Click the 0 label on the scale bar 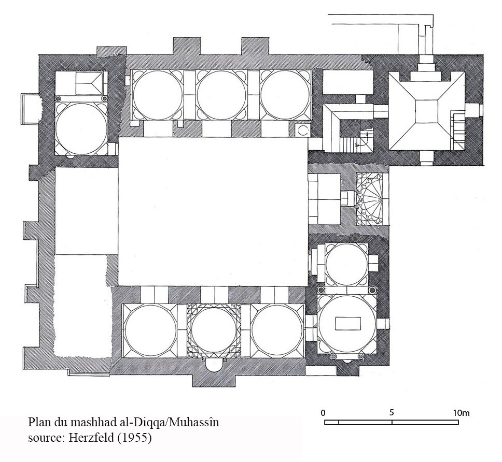[x=323, y=413]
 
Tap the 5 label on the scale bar [x=392, y=412]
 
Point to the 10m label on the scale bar [x=461, y=413]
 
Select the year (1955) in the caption [x=134, y=438]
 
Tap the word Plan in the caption [x=38, y=422]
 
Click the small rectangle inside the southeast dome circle [x=348, y=323]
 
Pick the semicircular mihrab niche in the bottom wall [x=214, y=365]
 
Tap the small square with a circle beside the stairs [x=302, y=130]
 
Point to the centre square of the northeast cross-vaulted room [x=427, y=112]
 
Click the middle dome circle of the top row [x=221, y=95]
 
